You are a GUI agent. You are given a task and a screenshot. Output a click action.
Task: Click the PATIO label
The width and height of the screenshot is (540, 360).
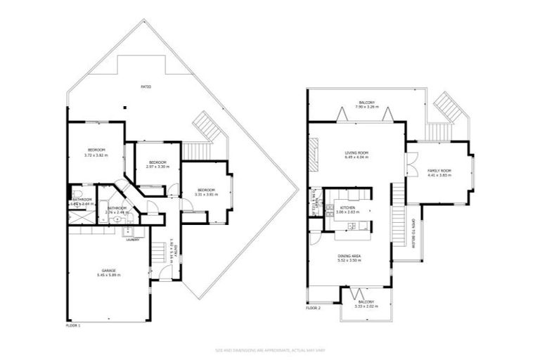tap(146, 86)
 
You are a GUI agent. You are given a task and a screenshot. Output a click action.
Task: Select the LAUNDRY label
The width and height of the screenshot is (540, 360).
tap(131, 239)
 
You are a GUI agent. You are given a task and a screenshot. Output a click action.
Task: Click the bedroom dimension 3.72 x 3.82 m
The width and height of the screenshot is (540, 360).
tap(96, 155)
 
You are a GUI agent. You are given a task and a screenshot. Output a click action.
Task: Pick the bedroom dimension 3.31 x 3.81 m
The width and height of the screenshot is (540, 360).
tap(206, 195)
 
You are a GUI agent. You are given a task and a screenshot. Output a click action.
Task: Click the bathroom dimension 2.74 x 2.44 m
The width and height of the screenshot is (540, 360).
tap(117, 212)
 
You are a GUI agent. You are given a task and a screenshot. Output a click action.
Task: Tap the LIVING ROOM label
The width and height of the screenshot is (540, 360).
tap(356, 152)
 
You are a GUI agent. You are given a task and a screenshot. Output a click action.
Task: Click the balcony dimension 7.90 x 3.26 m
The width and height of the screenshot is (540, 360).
tap(366, 108)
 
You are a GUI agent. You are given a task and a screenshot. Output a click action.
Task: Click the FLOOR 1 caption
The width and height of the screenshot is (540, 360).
tap(73, 326)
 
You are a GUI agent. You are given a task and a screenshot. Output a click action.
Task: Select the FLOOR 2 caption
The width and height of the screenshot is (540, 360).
tap(313, 308)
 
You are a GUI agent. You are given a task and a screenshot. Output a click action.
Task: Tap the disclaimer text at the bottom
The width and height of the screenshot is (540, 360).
tap(269, 349)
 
